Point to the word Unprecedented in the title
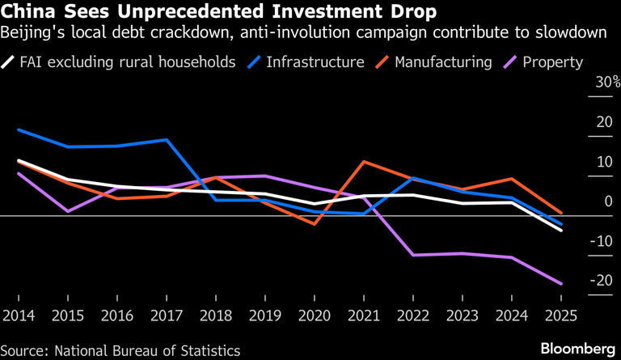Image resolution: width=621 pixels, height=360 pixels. pos(188,14)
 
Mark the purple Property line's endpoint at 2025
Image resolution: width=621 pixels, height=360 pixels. pos(560,284)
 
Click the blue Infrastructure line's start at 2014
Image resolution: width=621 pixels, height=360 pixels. pos(19,129)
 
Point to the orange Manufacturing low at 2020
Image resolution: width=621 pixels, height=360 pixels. pos(314,224)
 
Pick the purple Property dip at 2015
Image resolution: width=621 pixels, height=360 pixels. pos(68,211)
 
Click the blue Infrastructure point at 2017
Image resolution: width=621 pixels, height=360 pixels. pos(167,140)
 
